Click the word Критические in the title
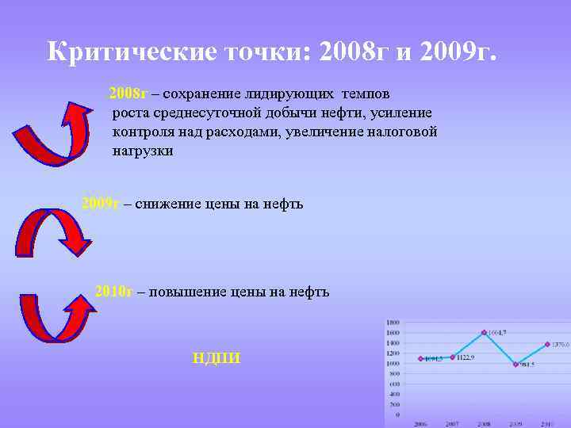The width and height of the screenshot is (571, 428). pos(128,53)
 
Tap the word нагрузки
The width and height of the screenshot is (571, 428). pos(143,151)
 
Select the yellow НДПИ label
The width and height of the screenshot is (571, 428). pos(217,359)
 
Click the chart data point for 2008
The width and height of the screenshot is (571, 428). pos(483,332)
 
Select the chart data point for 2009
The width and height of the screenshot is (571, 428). pos(515,364)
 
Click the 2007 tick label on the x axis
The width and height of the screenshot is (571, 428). pos(451,424)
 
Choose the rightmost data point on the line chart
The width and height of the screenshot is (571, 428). pos(547,344)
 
